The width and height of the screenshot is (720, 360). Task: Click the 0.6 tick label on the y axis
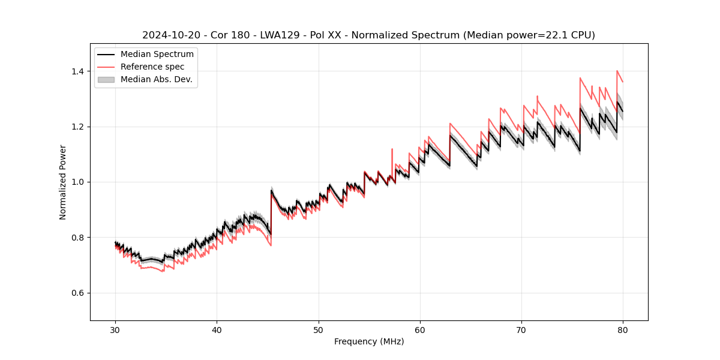(79, 293)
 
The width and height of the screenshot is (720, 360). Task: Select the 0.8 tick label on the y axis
(79, 238)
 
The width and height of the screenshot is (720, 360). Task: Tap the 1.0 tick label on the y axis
(79, 182)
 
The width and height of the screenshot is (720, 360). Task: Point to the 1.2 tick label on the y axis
(79, 127)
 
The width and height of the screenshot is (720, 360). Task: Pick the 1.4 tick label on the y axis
(79, 71)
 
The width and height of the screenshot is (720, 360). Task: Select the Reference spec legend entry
(152, 67)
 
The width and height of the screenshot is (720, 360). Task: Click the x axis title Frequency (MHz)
(369, 341)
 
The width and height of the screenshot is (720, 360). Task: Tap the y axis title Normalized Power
(63, 182)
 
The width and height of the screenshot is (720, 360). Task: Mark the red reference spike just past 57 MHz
(392, 149)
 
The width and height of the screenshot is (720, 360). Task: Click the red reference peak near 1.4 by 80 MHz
(617, 71)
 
